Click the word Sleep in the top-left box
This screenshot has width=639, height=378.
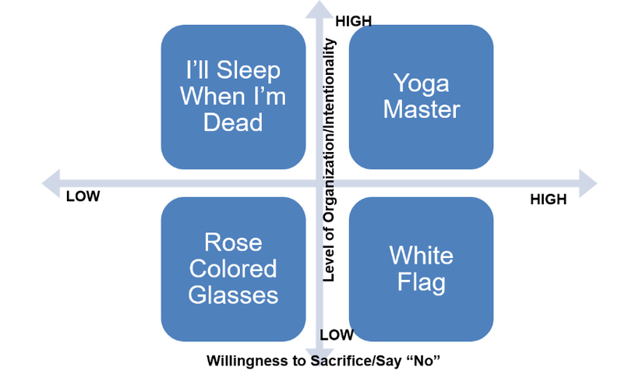coord(248,70)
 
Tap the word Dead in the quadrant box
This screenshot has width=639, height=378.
coord(233,122)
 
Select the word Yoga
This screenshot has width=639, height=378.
coord(421,84)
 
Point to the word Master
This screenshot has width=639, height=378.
coord(422,109)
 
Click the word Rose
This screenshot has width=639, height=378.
coord(233,242)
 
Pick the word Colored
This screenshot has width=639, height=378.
coord(233,268)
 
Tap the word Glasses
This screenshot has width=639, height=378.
coord(233,295)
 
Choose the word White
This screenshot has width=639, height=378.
coord(421,256)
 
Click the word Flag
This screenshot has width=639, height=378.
coord(422,283)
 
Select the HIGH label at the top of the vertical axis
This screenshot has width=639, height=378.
coord(353,21)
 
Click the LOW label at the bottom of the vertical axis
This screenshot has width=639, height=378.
coord(337,335)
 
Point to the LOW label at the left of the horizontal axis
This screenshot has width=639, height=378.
coord(83,196)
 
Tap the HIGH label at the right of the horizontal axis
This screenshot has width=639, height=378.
coord(548,199)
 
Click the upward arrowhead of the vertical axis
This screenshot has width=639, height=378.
coord(319,10)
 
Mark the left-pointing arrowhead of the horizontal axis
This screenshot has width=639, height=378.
coord(51,183)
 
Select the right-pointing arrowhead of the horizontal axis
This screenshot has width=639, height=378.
coord(588,183)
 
